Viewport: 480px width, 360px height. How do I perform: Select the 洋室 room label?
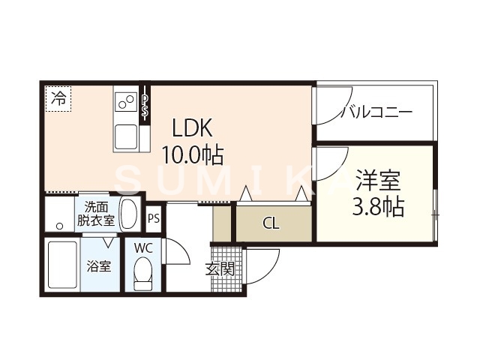click(378, 180)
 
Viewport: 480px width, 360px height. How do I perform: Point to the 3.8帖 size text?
click(378, 206)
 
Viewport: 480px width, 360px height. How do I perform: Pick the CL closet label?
click(271, 223)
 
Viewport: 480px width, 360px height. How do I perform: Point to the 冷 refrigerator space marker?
click(58, 97)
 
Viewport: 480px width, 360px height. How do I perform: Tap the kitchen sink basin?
click(125, 136)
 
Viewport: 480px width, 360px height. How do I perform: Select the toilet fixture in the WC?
click(142, 275)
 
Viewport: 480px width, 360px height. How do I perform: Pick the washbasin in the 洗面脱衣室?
click(130, 214)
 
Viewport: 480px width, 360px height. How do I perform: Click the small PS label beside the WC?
click(154, 219)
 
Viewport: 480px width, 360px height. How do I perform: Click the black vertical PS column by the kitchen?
click(146, 104)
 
